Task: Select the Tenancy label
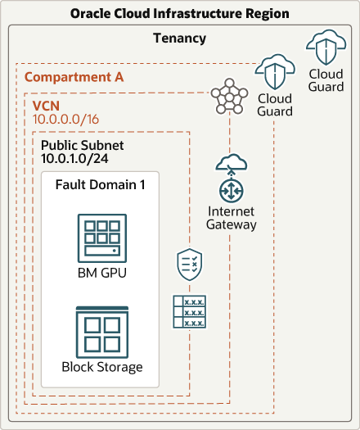click(x=179, y=38)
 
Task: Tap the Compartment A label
click(x=74, y=77)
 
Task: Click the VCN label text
click(x=46, y=106)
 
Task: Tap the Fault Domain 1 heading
click(x=100, y=184)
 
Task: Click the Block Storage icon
click(x=101, y=330)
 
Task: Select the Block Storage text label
click(x=101, y=367)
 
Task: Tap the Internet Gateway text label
click(x=232, y=218)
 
